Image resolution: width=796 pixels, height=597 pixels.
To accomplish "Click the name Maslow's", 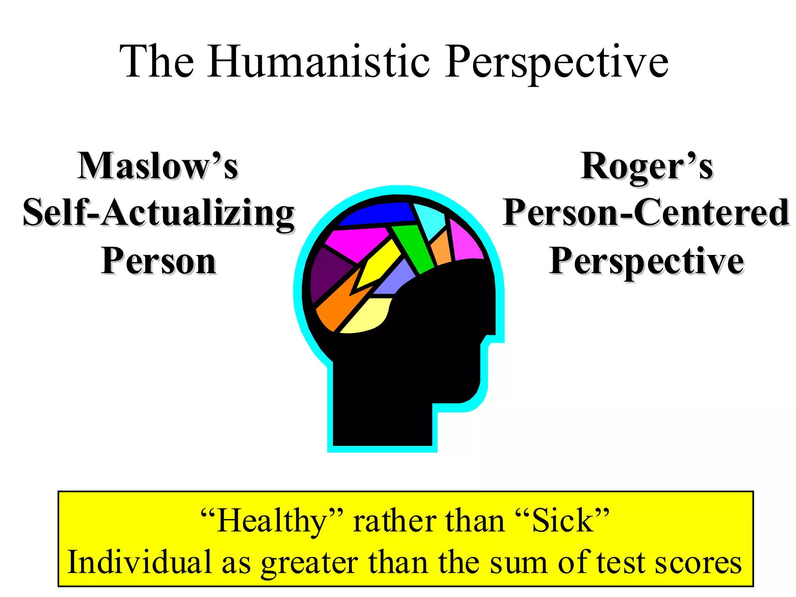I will point(158,166).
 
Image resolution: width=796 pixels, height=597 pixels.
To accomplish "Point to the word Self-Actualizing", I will point(159,213).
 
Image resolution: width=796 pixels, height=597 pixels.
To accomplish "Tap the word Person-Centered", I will point(646,213).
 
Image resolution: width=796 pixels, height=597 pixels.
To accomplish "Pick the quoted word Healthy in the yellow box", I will point(272,521).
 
